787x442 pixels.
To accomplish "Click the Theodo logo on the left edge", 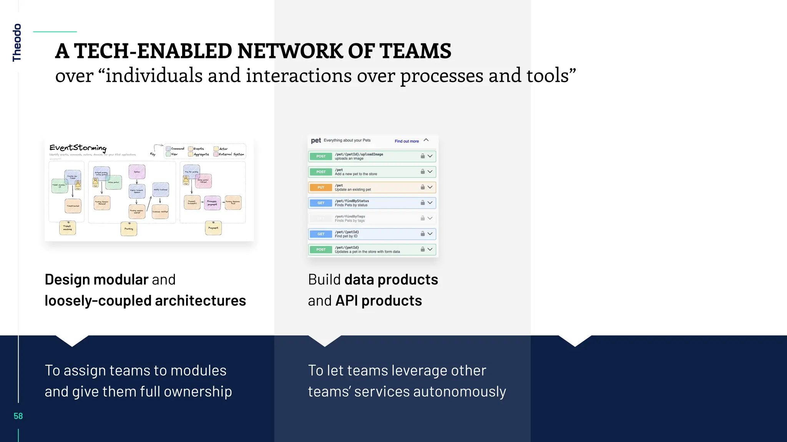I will click(x=17, y=43).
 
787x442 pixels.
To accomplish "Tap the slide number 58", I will click(x=18, y=416).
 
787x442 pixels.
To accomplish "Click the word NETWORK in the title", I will click(x=289, y=51).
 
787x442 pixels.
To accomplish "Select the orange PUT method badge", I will click(x=321, y=187).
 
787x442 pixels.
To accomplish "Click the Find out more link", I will click(x=407, y=141).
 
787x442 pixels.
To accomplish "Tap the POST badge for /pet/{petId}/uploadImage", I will click(x=321, y=156).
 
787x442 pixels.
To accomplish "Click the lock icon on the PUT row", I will click(x=422, y=187).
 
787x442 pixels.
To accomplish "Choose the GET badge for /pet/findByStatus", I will click(x=321, y=203).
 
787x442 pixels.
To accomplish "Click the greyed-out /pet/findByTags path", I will click(x=350, y=216).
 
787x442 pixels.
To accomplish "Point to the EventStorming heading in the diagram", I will click(x=78, y=148).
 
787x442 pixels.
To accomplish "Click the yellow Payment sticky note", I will click(x=213, y=228).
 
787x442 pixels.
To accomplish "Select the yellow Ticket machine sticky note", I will click(x=68, y=228).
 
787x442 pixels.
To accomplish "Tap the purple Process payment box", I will click(x=212, y=203).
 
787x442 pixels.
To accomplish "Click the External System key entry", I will click(x=231, y=154).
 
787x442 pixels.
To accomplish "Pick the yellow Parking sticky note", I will click(x=129, y=229).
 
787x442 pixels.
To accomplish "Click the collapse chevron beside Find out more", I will click(x=426, y=140).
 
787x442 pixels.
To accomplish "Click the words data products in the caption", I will click(x=391, y=280).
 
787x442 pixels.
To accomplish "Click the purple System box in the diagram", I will click(x=137, y=172).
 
